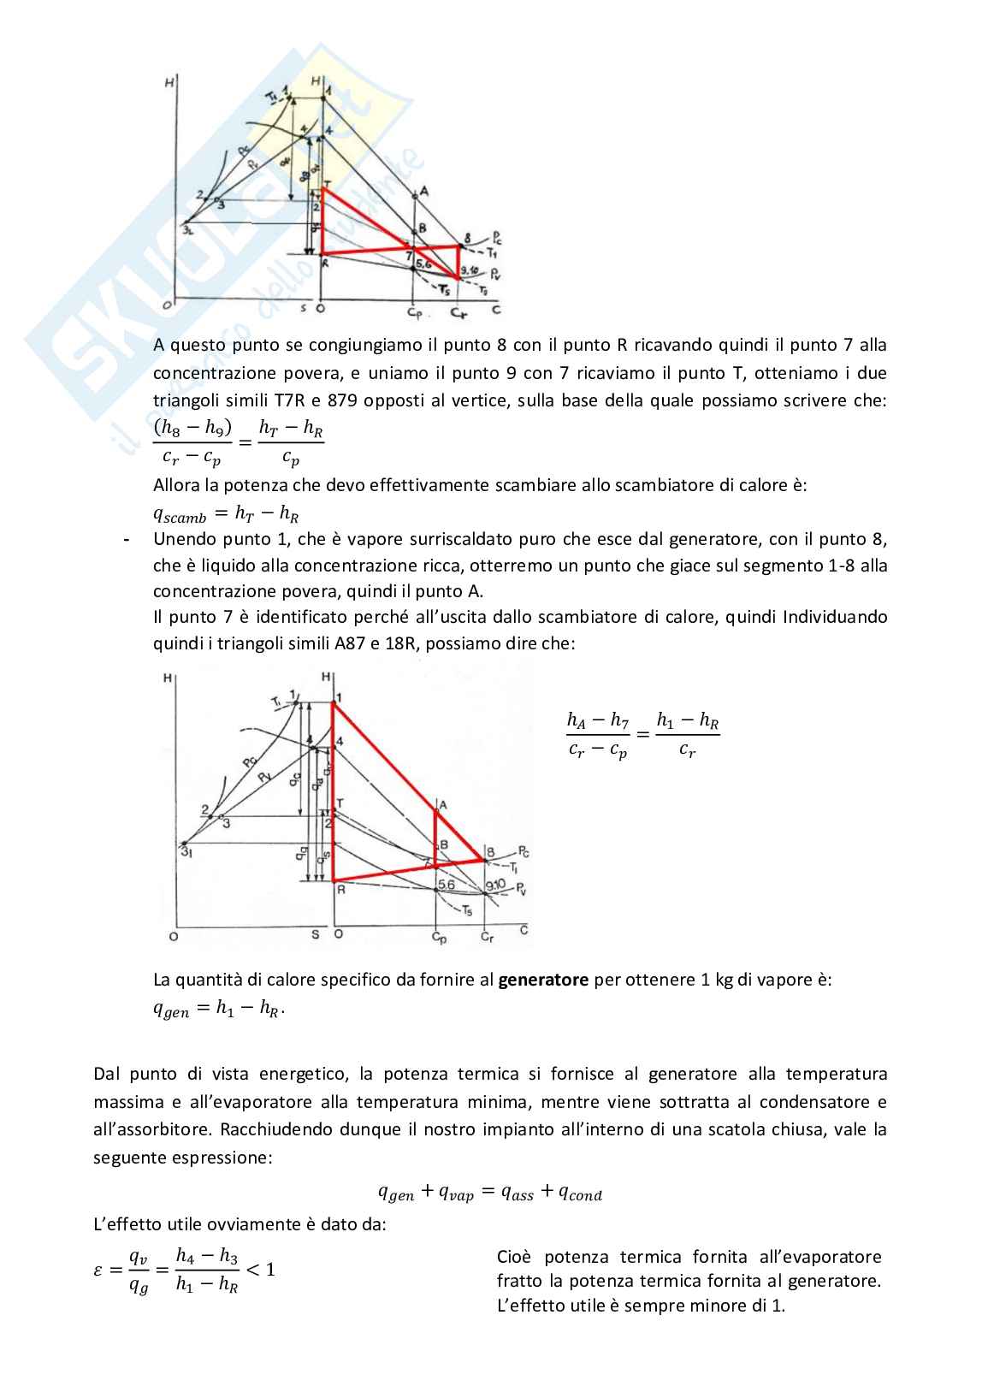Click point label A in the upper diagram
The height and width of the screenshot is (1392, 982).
point(423,192)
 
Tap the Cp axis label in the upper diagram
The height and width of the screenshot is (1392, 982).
point(414,313)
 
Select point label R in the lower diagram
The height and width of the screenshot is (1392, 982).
point(340,890)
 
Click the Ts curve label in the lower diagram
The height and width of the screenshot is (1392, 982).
point(468,910)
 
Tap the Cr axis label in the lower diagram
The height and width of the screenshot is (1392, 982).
point(487,939)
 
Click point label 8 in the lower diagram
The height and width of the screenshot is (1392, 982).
point(490,851)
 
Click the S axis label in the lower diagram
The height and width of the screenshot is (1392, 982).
point(315,935)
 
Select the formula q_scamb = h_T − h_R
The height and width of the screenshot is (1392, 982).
point(226,513)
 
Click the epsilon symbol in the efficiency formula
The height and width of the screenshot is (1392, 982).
point(98,1270)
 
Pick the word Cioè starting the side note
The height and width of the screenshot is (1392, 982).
point(515,1257)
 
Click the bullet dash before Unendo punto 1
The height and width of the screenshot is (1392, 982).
point(127,541)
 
